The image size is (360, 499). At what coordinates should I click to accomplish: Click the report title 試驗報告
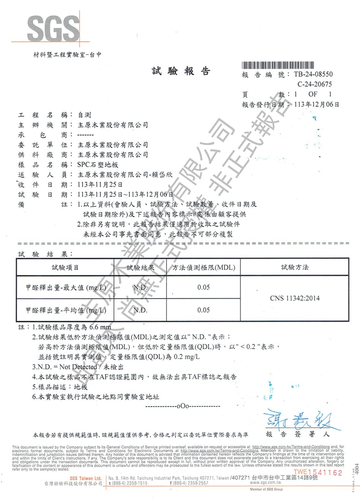click(181, 71)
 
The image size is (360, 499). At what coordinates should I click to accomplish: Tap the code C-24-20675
click(315, 84)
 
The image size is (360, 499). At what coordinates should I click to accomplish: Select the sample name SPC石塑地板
click(98, 165)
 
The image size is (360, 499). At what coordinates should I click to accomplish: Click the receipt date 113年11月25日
click(99, 185)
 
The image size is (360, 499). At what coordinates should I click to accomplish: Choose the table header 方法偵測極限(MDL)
click(204, 268)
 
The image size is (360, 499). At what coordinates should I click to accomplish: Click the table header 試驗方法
click(295, 268)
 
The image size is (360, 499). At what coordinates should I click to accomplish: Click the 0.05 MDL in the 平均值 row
click(204, 310)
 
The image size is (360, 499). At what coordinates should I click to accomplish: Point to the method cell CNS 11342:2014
click(295, 298)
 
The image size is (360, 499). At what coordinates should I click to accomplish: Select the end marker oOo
click(183, 406)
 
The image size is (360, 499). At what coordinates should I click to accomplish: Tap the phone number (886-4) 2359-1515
click(129, 483)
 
